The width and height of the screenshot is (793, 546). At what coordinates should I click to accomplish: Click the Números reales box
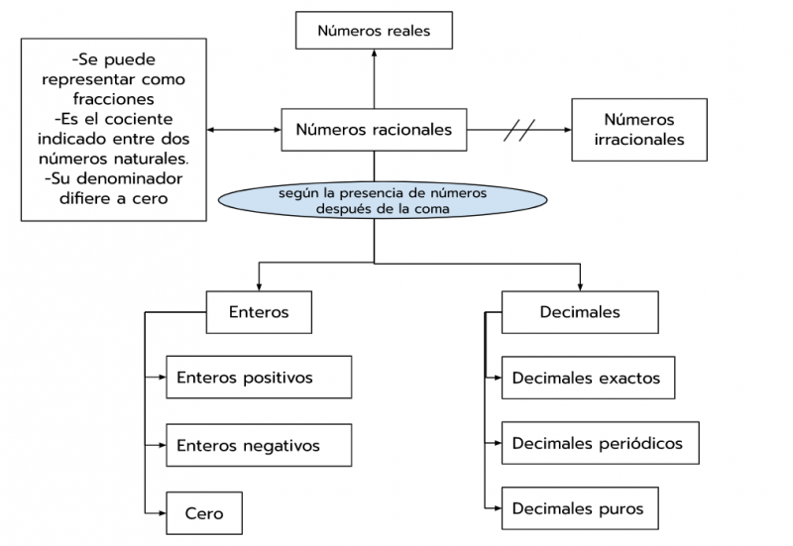(x=375, y=31)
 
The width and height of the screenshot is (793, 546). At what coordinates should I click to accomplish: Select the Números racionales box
(x=375, y=130)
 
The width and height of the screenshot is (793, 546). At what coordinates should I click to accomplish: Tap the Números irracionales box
(x=639, y=130)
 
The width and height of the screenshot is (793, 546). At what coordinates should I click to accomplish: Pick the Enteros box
(x=259, y=312)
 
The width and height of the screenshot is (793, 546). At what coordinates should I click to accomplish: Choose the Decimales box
(x=580, y=312)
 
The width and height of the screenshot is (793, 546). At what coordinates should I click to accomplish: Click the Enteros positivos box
(x=259, y=378)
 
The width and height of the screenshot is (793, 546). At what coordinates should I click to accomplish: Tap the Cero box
(x=204, y=513)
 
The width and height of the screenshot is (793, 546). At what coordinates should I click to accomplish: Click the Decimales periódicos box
(x=592, y=443)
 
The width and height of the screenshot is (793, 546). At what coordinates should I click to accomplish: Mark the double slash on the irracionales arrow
(x=520, y=130)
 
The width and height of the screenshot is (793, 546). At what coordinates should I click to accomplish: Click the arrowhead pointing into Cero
(x=161, y=513)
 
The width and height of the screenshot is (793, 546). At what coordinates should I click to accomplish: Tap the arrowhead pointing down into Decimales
(x=581, y=286)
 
